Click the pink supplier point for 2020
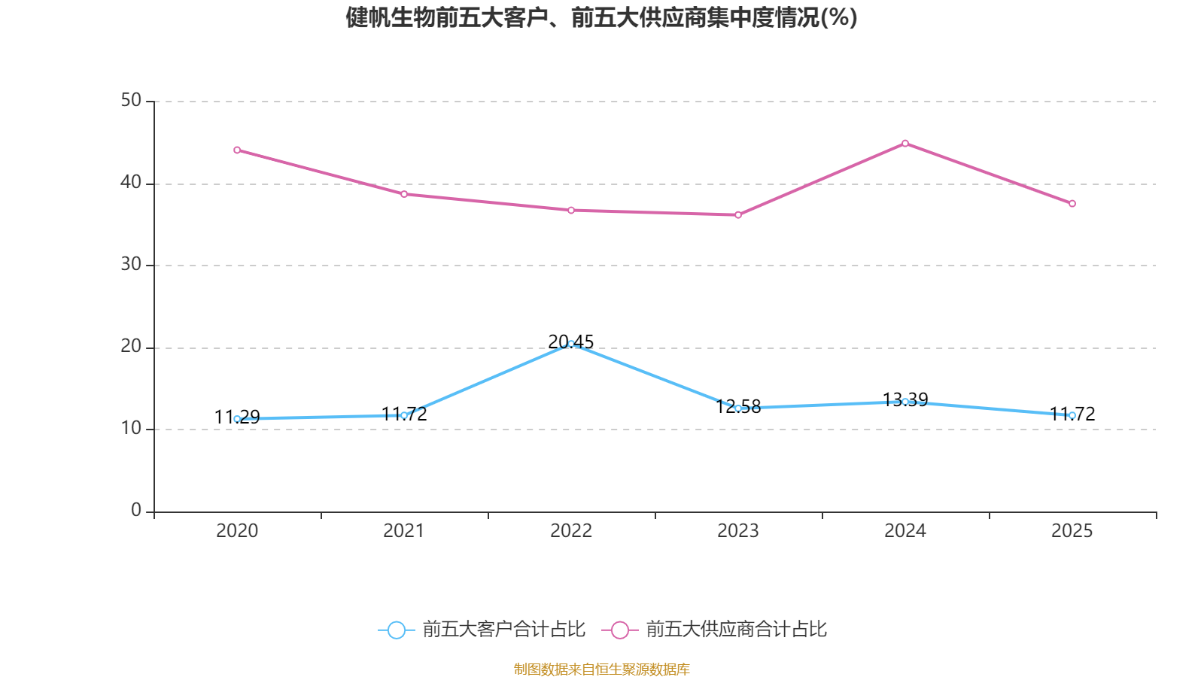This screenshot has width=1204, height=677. click(x=237, y=150)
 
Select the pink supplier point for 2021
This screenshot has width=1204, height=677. click(x=404, y=194)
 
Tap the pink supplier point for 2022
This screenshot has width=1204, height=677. click(x=571, y=210)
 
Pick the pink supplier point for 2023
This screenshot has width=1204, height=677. click(x=738, y=215)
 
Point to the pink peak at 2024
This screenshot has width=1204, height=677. click(x=905, y=143)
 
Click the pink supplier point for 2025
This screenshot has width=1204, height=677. click(x=1072, y=204)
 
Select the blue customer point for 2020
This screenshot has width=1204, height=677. click(x=237, y=419)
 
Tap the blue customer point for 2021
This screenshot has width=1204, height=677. click(x=404, y=415)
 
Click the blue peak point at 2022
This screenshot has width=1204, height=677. click(x=571, y=344)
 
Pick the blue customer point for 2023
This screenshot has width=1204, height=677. click(x=738, y=408)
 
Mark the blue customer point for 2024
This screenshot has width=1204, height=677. click(x=905, y=402)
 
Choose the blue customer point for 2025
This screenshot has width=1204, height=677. click(x=1072, y=415)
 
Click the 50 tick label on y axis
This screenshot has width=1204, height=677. click(x=131, y=100)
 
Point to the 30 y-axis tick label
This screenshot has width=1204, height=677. click(x=131, y=264)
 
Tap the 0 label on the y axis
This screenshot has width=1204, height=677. click(x=136, y=510)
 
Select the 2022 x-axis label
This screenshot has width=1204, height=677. click(x=571, y=531)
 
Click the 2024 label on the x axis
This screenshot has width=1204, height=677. click(x=905, y=531)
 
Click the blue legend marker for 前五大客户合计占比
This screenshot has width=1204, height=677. click(x=397, y=630)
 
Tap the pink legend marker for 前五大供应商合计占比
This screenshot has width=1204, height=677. click(x=620, y=630)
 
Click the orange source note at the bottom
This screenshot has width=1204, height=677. click(x=602, y=669)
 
